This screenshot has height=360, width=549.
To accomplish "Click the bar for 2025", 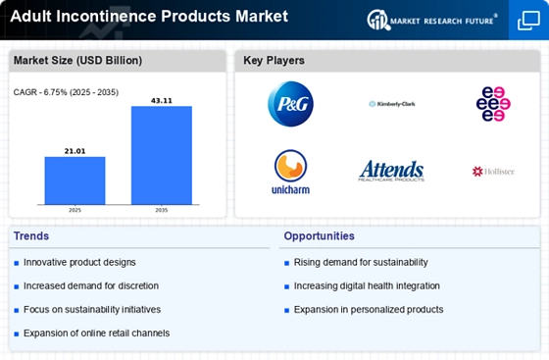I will [x=75, y=180].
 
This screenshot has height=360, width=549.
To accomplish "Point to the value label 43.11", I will [x=162, y=99].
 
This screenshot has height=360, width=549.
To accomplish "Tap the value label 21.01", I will [x=75, y=150].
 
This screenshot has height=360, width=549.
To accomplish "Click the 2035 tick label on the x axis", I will [x=162, y=209].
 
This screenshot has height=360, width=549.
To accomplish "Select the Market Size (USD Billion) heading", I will [x=77, y=61].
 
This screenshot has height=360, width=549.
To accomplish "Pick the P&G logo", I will [x=290, y=103].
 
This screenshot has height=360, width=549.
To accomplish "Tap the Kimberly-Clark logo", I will [x=391, y=103].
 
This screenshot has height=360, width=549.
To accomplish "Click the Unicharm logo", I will [x=290, y=171].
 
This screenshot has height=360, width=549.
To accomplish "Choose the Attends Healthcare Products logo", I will [x=391, y=171].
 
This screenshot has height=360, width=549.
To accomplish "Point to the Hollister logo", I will [x=492, y=172].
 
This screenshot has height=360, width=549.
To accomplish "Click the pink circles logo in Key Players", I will [x=492, y=103].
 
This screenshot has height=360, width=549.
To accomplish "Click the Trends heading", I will [x=32, y=235].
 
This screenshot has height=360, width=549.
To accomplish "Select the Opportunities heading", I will [x=320, y=235].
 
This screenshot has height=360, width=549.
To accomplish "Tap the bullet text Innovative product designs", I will [x=79, y=263].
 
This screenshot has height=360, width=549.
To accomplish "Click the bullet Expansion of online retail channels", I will [x=96, y=334].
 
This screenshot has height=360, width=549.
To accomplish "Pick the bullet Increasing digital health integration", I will [x=367, y=286].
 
